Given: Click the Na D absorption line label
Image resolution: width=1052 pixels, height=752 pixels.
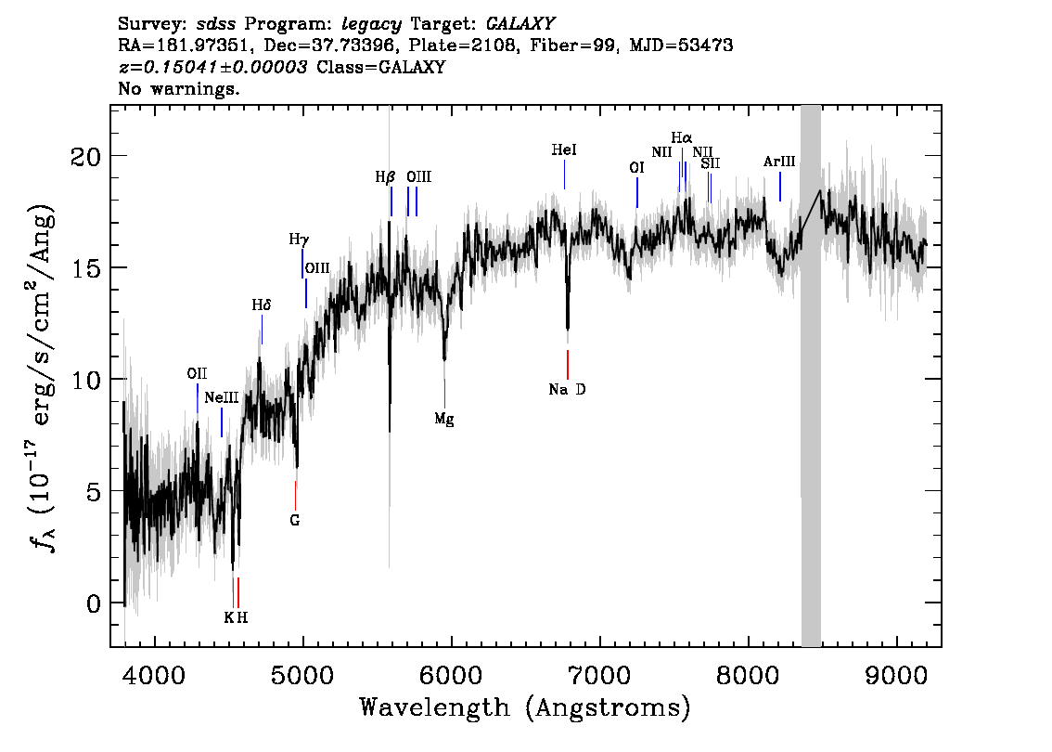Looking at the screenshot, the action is click(x=567, y=389).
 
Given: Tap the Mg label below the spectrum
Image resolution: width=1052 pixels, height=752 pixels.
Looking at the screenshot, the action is click(x=444, y=420).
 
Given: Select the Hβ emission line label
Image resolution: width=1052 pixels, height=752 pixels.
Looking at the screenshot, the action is click(x=385, y=178).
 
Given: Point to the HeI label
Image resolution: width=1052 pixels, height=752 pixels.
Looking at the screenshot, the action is click(x=564, y=149).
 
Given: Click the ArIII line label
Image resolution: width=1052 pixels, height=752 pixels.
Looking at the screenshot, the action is click(x=779, y=162).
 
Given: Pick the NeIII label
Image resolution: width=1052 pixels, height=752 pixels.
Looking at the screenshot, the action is click(x=222, y=397).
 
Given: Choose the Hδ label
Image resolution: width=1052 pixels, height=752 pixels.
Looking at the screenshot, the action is click(x=261, y=305).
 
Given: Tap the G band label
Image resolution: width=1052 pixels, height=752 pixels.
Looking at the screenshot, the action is click(x=294, y=520).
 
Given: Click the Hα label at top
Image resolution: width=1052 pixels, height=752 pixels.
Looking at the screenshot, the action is click(x=682, y=138).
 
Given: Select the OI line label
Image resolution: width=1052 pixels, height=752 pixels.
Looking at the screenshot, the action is click(x=636, y=168).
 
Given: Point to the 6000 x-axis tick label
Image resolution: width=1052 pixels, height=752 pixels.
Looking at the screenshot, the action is click(x=452, y=675).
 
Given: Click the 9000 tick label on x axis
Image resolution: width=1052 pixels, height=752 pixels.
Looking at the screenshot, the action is click(x=896, y=675).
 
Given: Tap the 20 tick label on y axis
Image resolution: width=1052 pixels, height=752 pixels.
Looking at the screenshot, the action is click(x=85, y=157).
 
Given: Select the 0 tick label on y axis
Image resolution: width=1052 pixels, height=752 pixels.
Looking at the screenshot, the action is click(x=94, y=603).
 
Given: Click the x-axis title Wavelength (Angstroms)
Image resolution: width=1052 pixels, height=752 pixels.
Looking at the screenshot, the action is click(x=525, y=708).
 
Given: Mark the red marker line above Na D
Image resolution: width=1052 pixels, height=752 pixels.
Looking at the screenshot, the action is click(x=568, y=365).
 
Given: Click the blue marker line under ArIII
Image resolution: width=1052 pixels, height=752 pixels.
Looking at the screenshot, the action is click(x=779, y=186).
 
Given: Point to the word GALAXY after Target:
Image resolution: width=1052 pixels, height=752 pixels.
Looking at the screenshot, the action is click(x=520, y=24).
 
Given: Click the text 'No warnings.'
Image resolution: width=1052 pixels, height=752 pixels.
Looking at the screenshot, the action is click(x=178, y=88).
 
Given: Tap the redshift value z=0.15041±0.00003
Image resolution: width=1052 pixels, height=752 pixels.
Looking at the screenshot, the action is click(x=213, y=67).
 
